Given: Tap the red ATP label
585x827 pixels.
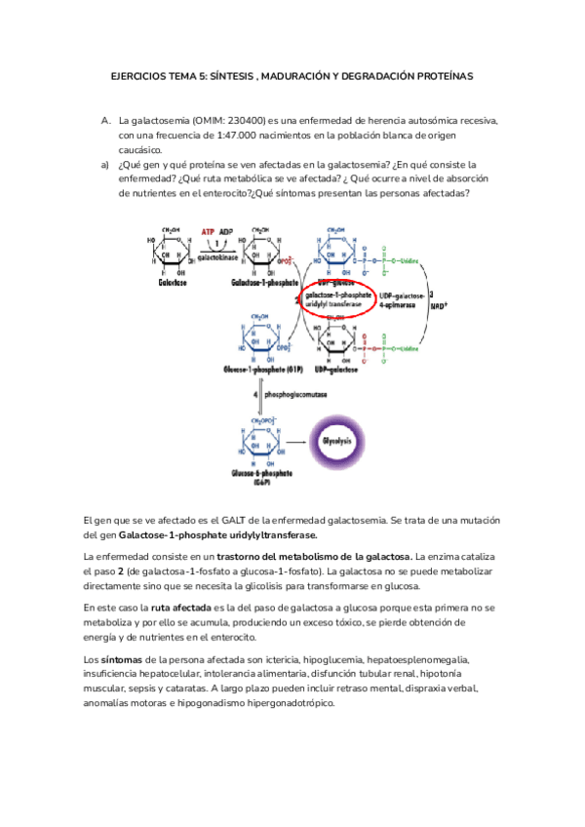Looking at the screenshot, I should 208,231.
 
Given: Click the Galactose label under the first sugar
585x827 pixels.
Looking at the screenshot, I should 173,283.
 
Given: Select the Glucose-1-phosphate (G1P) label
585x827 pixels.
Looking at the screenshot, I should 260,370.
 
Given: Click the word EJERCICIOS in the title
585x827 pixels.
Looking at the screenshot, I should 140,77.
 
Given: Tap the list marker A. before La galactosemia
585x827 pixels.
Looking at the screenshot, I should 106,120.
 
